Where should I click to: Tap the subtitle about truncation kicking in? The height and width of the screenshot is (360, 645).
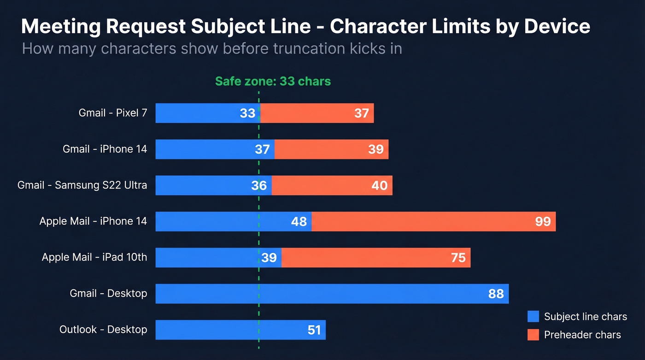pos(212,48)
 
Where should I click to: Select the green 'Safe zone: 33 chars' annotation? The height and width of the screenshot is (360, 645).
pos(273,82)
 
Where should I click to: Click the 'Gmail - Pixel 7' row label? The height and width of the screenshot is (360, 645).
pos(113,113)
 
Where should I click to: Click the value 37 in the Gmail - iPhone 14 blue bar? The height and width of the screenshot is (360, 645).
pos(262,149)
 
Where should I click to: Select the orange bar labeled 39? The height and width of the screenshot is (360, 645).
pos(331,149)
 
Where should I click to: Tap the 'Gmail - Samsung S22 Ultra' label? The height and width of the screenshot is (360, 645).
pos(82,185)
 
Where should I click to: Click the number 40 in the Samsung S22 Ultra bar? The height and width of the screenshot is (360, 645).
pos(379,185)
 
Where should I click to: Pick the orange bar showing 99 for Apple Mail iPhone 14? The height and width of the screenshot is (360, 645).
pos(433,221)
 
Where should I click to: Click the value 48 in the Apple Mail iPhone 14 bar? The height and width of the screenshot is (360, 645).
pos(299,222)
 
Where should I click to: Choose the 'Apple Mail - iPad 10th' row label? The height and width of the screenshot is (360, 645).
pos(94,257)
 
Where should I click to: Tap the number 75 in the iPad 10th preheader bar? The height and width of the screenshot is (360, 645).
pos(458,258)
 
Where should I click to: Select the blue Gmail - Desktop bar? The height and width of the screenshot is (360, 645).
pos(332,294)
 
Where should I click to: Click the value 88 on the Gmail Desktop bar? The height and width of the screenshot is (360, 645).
pos(496,294)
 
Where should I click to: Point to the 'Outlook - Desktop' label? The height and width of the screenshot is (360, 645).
pos(103,330)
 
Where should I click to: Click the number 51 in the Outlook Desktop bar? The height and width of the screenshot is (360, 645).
pos(314,330)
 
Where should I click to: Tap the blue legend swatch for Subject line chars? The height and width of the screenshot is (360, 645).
pos(533,317)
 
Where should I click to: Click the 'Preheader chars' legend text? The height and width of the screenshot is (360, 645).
pos(582,335)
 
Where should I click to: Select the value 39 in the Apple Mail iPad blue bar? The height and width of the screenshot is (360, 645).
pos(269,258)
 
